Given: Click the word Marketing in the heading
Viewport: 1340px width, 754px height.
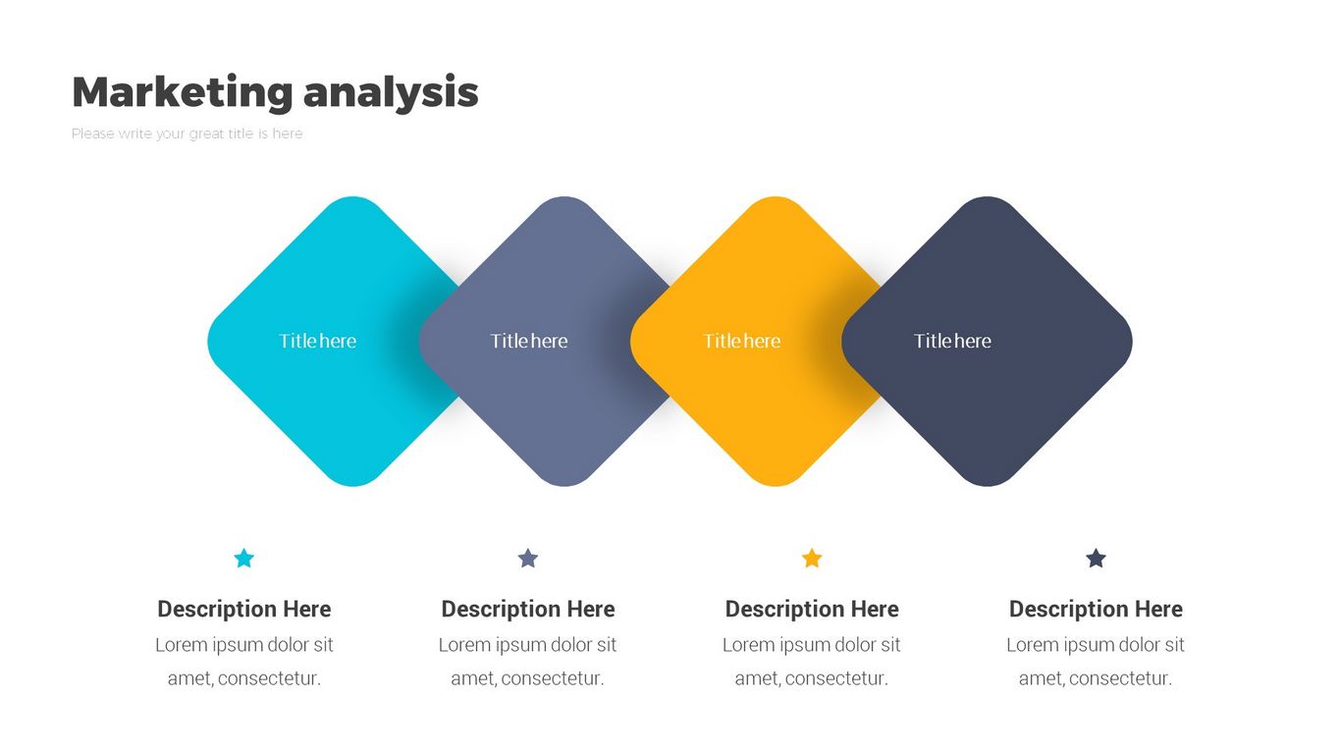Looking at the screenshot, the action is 183,92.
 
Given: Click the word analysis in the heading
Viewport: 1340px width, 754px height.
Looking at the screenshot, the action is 391,92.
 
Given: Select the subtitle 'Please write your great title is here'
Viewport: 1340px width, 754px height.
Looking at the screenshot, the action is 187,134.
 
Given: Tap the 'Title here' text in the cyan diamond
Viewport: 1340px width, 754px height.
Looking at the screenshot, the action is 318,341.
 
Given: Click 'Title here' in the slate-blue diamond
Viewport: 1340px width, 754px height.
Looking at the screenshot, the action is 529,341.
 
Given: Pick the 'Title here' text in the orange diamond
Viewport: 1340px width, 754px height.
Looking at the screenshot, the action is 742,341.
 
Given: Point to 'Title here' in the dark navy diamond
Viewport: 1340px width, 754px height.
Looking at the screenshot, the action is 952,341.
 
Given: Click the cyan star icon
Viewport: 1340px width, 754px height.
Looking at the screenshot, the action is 244,558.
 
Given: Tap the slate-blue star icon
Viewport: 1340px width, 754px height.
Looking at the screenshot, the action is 527,558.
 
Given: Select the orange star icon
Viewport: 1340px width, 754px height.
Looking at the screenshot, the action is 812,558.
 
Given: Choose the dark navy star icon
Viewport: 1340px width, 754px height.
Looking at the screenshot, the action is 1096,558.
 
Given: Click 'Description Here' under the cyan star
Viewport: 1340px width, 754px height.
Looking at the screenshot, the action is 244,609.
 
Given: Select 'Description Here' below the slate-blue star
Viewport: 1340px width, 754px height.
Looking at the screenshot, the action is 527,609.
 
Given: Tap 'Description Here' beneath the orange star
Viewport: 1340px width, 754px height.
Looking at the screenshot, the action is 812,609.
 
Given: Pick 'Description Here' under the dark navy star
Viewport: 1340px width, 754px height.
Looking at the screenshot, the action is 1096,609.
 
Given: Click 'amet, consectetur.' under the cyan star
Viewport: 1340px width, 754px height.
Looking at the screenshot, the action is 244,678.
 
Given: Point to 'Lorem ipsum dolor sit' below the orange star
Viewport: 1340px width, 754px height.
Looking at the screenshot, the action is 811,645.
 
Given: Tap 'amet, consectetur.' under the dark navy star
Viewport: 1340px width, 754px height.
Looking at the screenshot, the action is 1096,678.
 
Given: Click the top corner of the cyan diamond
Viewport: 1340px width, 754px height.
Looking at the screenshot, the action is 353,197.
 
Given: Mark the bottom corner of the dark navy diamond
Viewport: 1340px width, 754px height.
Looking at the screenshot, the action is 987,486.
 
